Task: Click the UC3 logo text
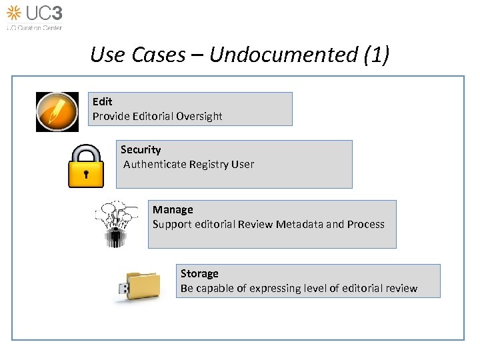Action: pyautogui.click(x=43, y=13)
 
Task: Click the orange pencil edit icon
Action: pyautogui.click(x=57, y=112)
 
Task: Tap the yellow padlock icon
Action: pyautogui.click(x=86, y=166)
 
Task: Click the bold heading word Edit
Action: pyautogui.click(x=102, y=101)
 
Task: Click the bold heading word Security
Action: pyautogui.click(x=141, y=149)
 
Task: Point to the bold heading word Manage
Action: pyautogui.click(x=173, y=209)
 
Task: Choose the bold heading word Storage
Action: pyautogui.click(x=199, y=273)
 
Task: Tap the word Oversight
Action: pyautogui.click(x=199, y=116)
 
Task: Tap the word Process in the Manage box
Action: pyautogui.click(x=365, y=224)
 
